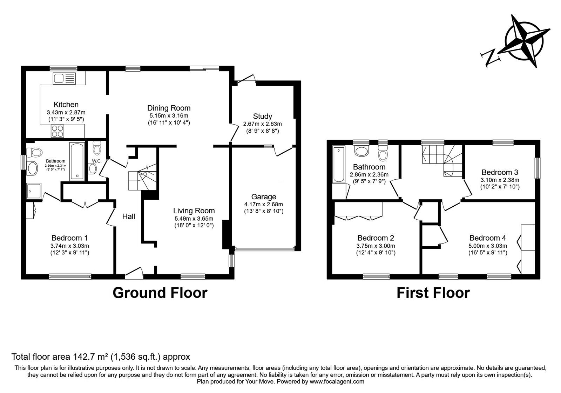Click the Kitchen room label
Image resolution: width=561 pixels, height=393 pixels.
pos(66,105)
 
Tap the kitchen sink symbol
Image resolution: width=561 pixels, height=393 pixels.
pos(64,78)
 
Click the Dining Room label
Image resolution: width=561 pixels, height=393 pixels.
pos(169,108)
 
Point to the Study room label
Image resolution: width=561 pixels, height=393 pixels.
pos(262,116)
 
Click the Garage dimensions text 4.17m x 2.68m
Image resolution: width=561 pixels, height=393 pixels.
pos(263,204)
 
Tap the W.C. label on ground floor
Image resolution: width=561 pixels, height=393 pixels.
pos(96,161)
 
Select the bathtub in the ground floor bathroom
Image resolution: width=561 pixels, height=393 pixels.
pos(77,161)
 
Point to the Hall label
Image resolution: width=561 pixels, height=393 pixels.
pos(128,217)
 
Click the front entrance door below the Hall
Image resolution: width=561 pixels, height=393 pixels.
pos(134,273)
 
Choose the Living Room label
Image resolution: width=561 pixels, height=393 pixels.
pos(194,211)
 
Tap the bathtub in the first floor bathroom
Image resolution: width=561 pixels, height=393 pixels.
pos(338,165)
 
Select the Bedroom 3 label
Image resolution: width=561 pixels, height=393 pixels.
pos(500,172)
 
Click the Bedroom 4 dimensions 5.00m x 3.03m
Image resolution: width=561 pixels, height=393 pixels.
pos(488,246)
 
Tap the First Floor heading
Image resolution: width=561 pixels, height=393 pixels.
pos(433,293)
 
